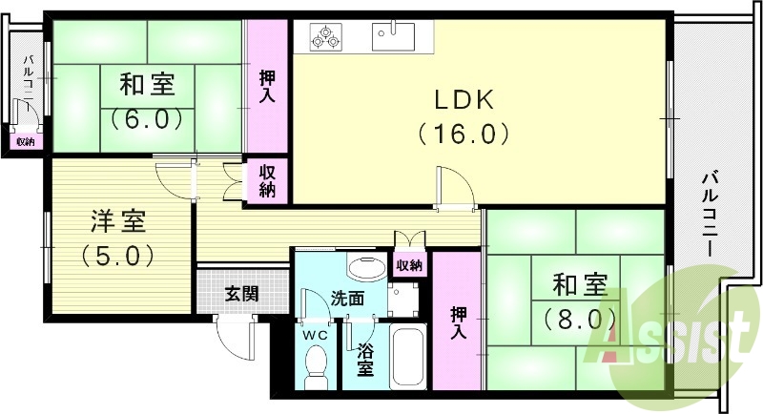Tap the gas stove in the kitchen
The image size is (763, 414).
click(x=325, y=37)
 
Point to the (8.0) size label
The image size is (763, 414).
click(x=580, y=317)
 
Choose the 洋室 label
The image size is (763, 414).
click(x=117, y=222)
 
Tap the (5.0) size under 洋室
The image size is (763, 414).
click(x=117, y=256)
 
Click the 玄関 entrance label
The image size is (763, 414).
click(x=241, y=294)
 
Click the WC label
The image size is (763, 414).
click(x=316, y=336)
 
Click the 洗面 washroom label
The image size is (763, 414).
click(x=347, y=298)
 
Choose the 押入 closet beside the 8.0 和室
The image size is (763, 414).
click(x=459, y=321)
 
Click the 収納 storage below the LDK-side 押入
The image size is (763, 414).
click(x=268, y=180)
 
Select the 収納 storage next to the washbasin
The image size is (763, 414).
click(x=409, y=264)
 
